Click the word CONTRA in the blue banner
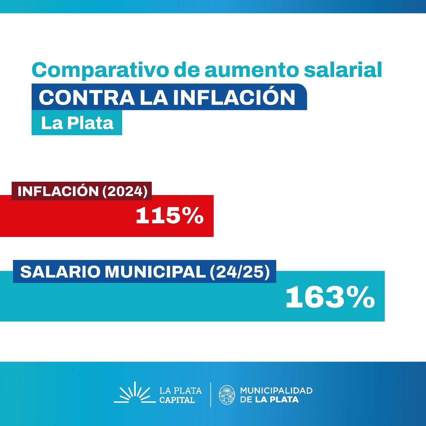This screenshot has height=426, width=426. (87, 97)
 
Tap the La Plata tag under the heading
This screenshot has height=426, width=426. (77, 123)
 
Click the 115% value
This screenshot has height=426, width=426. (169, 216)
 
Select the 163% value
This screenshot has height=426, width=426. (330, 297)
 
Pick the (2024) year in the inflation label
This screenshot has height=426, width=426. (125, 191)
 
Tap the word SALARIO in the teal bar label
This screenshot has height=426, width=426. (60, 272)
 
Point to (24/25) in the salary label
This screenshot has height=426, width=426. (240, 272)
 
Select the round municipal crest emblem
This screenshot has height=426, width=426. (227, 395)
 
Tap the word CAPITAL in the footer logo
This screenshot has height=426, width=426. (177, 400)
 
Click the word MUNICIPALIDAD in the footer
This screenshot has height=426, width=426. (276, 390)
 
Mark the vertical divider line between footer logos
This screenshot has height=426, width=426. (211, 395)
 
